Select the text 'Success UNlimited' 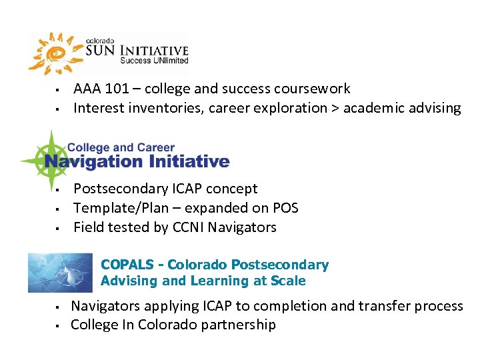click(154, 61)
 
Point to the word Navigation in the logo click(93, 161)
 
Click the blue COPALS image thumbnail click(60, 273)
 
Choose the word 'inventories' click(155, 109)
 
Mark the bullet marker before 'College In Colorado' click(58, 326)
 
